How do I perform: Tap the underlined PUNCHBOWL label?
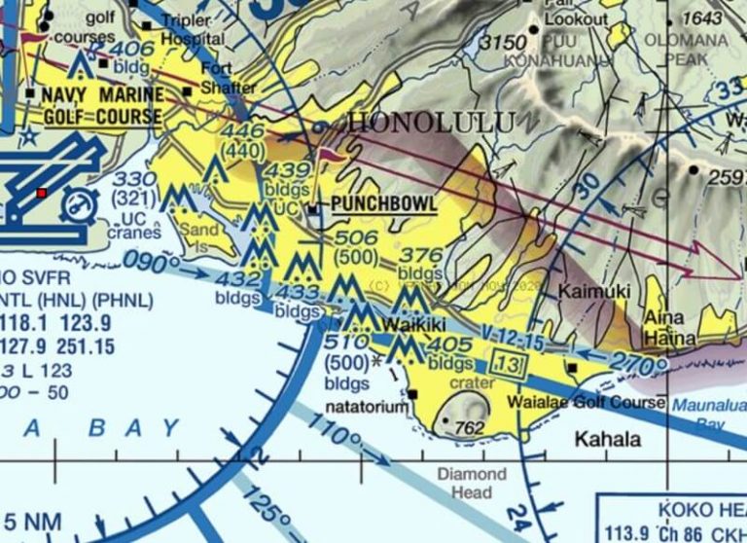click(x=383, y=205)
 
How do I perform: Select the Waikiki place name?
click(x=414, y=324)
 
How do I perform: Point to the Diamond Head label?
click(x=472, y=484)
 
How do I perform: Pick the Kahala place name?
click(x=608, y=439)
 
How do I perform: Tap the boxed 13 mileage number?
click(x=510, y=364)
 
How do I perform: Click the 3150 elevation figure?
click(x=503, y=44)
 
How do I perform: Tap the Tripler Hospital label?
click(x=193, y=30)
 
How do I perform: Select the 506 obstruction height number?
click(x=356, y=239)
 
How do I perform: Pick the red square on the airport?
click(x=41, y=194)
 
